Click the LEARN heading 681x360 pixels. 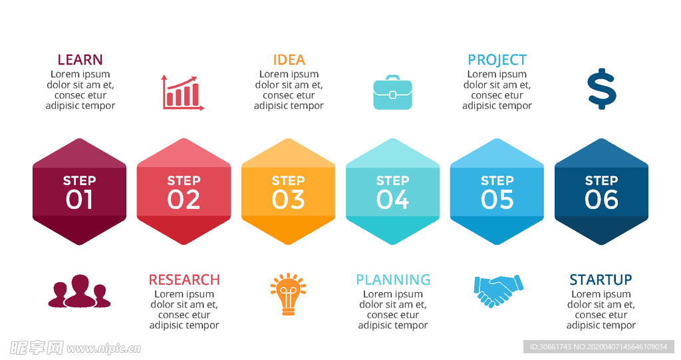pyautogui.click(x=80, y=60)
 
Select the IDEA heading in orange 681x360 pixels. pyautogui.click(x=289, y=60)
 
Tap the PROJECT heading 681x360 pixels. pyautogui.click(x=497, y=60)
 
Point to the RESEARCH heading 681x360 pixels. pyautogui.click(x=184, y=279)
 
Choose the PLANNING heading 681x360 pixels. pyautogui.click(x=392, y=279)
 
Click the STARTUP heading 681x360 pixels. pyautogui.click(x=601, y=279)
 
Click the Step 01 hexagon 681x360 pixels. pyautogui.click(x=80, y=192)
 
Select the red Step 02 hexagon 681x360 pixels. pyautogui.click(x=184, y=192)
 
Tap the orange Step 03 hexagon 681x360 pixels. pyautogui.click(x=288, y=192)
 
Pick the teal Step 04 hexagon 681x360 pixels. pyautogui.click(x=392, y=192)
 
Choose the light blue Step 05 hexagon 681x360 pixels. pyautogui.click(x=497, y=192)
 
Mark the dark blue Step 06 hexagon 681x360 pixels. pyautogui.click(x=601, y=192)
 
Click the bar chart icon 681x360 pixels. pyautogui.click(x=182, y=92)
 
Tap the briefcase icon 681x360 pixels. pyautogui.click(x=392, y=92)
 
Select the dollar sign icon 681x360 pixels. pyautogui.click(x=601, y=89)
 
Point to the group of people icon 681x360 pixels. pyautogui.click(x=80, y=291)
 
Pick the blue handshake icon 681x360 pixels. pyautogui.click(x=499, y=290)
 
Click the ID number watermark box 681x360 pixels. pyautogui.click(x=599, y=347)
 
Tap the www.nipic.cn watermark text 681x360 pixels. pyautogui.click(x=104, y=348)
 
